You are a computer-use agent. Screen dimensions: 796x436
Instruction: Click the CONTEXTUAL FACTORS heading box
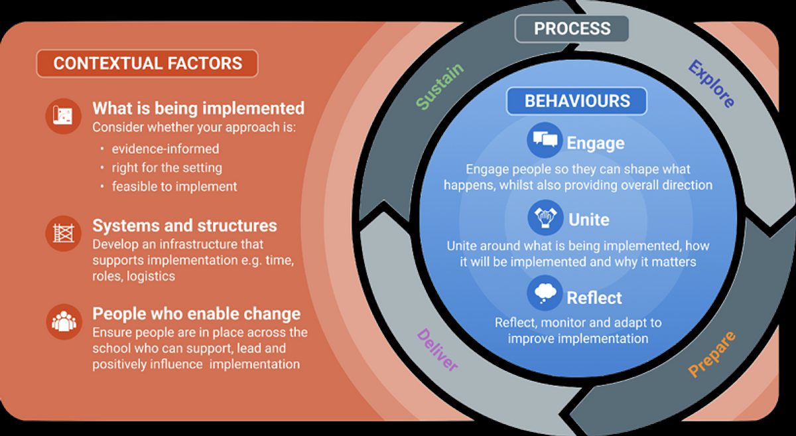click(147, 63)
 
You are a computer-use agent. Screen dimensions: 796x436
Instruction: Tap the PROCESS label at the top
click(572, 29)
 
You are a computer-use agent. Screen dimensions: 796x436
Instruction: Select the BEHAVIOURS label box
click(576, 101)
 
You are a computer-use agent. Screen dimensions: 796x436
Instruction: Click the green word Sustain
click(440, 86)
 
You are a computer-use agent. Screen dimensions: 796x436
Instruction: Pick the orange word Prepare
click(711, 354)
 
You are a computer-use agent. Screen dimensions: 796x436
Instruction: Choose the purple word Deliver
click(437, 350)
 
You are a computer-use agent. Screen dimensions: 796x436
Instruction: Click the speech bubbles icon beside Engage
click(545, 140)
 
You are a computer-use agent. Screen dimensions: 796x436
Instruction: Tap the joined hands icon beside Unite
click(545, 217)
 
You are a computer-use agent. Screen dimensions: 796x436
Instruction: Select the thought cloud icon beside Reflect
click(545, 293)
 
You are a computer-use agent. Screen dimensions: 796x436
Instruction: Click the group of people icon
click(64, 322)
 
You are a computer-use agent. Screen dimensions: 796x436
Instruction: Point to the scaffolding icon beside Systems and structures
click(64, 234)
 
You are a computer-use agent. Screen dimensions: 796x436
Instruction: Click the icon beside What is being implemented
click(63, 116)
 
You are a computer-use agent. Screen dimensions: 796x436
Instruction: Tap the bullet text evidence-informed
click(165, 149)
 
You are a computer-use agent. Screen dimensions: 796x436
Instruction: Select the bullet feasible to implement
click(174, 186)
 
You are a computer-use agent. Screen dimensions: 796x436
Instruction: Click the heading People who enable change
click(196, 314)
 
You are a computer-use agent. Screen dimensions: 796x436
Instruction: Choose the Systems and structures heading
click(185, 226)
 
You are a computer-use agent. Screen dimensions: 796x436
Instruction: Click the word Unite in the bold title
click(589, 220)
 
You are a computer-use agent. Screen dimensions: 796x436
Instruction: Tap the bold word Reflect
click(594, 298)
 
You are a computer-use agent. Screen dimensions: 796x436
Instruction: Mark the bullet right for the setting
click(167, 167)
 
